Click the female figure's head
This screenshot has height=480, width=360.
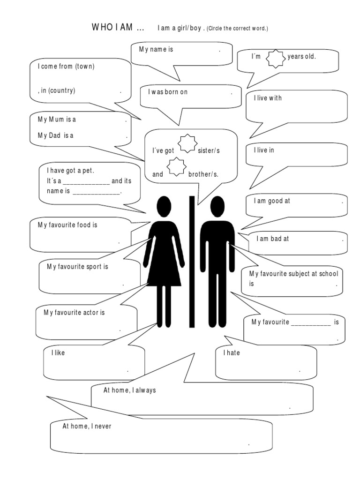coord(164,206)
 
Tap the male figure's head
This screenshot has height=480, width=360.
coord(217,206)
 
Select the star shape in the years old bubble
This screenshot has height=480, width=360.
coord(275,60)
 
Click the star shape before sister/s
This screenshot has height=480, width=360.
coord(187,144)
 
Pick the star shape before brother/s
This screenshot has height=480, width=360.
coord(177,167)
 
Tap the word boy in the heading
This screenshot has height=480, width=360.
coord(196,29)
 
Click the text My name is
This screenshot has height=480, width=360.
coord(156,49)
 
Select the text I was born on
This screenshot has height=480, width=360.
coord(168,92)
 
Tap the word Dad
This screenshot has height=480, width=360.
coord(55,135)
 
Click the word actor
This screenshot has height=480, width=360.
coord(89,312)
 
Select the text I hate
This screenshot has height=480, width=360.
coord(231,353)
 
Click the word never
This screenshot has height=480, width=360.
coord(102,427)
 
